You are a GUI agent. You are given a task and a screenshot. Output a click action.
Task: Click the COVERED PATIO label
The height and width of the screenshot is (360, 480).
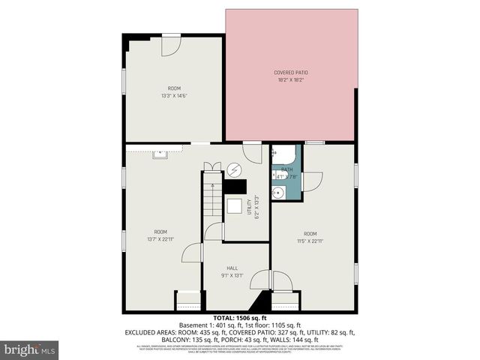(x=291, y=72)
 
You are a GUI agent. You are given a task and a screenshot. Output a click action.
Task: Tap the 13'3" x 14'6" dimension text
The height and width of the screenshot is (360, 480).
(x=174, y=95)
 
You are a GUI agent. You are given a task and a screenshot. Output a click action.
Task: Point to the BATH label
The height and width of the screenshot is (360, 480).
(x=287, y=169)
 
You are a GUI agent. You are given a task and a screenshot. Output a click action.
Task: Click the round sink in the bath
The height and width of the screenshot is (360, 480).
(x=278, y=193)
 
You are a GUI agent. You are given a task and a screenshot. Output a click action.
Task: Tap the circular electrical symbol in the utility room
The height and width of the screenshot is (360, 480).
(x=235, y=169)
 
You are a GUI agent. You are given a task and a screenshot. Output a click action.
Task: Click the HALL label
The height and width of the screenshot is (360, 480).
(x=232, y=268)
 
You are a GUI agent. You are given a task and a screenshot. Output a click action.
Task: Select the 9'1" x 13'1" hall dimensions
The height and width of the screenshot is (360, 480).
(x=232, y=275)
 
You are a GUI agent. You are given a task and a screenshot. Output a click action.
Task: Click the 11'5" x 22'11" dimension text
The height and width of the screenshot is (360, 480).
(x=310, y=241)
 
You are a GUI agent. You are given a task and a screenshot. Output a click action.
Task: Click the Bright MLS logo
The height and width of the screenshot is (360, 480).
(x=30, y=349)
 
